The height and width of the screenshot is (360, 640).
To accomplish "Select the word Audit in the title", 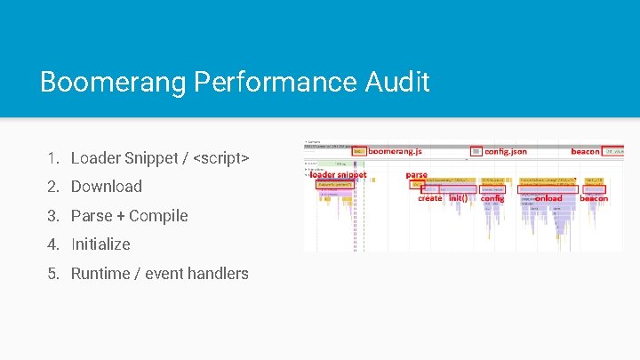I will tap(397, 83).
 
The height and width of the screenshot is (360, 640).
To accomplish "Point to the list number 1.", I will tap(54, 158).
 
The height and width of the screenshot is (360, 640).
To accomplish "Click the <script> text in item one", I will tap(220, 158).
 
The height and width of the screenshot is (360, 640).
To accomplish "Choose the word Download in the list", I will tap(107, 187).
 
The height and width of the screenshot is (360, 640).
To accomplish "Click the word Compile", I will tap(158, 216).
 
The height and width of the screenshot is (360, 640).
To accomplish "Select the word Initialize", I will tap(100, 244).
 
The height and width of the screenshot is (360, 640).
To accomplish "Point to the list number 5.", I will tap(54, 274).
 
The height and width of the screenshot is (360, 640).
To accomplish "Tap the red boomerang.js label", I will tap(395, 152).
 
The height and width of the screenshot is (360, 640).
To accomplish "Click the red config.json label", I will tap(505, 152).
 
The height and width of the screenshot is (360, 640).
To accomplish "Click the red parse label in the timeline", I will tap(416, 175).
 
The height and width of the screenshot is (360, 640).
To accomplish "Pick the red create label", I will tap(430, 198).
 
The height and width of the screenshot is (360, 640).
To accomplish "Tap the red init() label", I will tap(458, 198).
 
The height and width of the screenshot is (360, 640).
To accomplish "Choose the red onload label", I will tap(548, 198).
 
